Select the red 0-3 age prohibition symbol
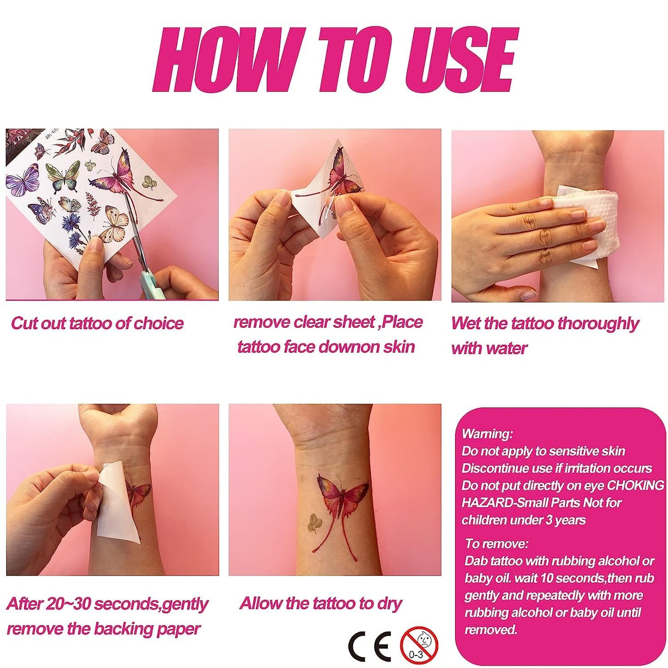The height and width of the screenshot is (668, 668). pos(419,645)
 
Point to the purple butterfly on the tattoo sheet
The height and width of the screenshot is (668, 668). pos(22,180)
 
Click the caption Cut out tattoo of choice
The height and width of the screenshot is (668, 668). pos(97,323)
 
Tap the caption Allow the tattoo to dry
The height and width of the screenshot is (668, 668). pos(321,603)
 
